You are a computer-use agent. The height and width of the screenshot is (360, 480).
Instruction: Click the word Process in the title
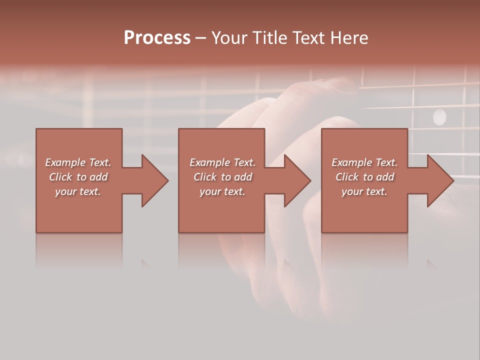[x=157, y=38]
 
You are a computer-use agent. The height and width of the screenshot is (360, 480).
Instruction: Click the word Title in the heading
[x=268, y=38]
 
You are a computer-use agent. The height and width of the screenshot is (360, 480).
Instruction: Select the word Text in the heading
[x=309, y=38]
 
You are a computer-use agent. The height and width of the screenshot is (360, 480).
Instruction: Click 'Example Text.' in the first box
[x=78, y=162]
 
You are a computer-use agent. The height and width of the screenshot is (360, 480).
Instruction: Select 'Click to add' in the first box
[x=78, y=177]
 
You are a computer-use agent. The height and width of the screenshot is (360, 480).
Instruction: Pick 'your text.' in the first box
[x=78, y=191]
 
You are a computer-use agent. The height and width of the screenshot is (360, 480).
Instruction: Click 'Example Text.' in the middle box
[x=222, y=162]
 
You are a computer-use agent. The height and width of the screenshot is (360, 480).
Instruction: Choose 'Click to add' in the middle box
[x=222, y=177]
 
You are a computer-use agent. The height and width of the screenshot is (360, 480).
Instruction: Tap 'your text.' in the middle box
[x=222, y=191]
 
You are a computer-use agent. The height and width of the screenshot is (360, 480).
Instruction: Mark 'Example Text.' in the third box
[x=364, y=162]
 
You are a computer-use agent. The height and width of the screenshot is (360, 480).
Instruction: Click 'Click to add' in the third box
[x=364, y=177]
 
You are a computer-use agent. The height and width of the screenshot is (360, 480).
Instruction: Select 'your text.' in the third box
[x=364, y=191]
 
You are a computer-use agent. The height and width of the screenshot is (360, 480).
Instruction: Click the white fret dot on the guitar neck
[x=439, y=117]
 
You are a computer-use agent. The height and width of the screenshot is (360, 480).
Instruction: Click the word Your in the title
[x=228, y=38]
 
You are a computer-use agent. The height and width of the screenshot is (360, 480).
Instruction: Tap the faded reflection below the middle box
[x=221, y=250]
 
